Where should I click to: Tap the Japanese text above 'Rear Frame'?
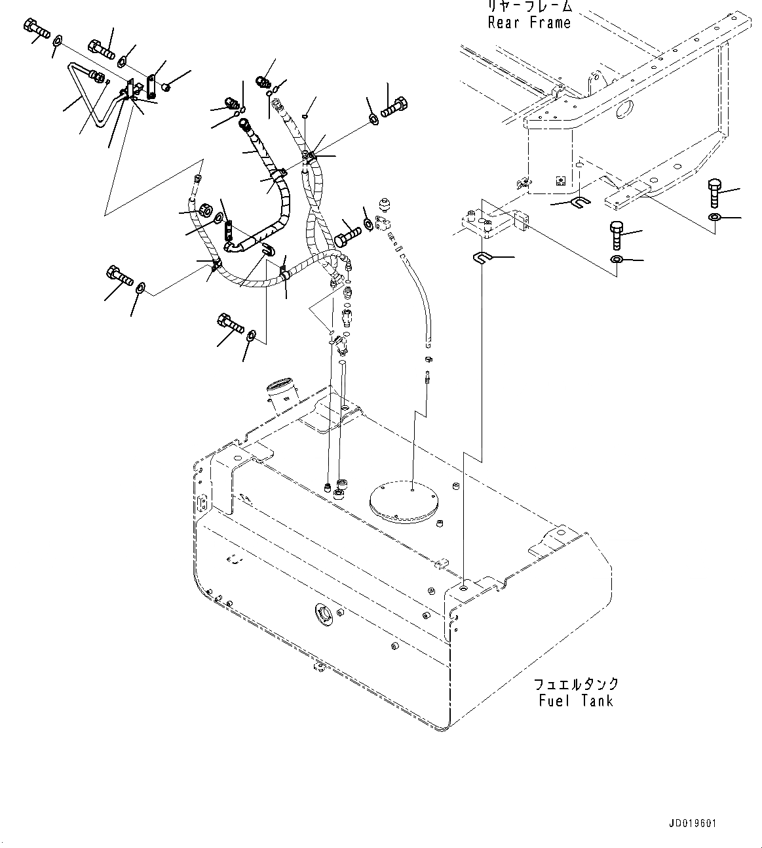[x=529, y=7]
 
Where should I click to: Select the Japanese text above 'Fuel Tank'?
[x=576, y=684]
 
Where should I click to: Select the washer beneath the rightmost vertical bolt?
[x=714, y=216]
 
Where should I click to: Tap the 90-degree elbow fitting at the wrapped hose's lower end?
[x=235, y=246]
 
